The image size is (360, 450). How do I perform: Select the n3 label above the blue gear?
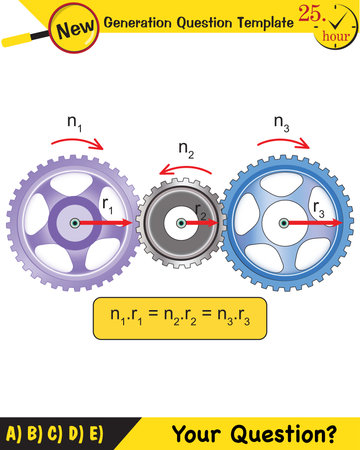click(283, 122)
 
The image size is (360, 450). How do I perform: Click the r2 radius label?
click(201, 210)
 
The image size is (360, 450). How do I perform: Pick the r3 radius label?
click(318, 210)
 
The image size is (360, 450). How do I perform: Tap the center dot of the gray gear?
click(180, 222)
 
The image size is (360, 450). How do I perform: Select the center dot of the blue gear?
click(285, 222)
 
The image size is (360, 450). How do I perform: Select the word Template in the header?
click(252, 21)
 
